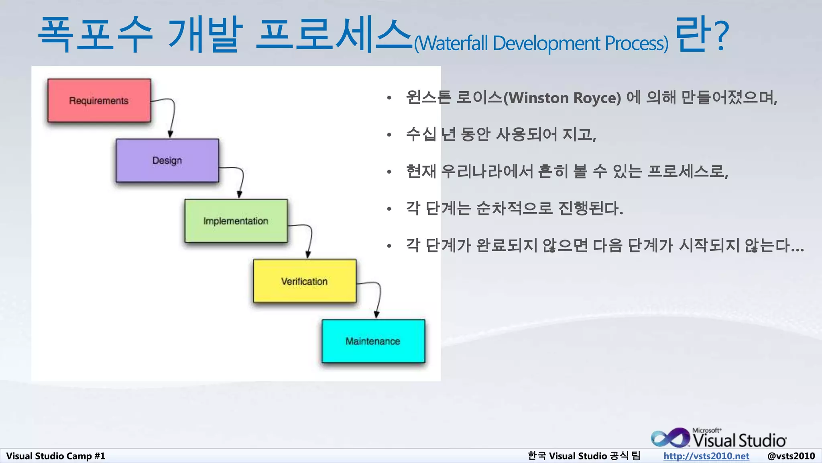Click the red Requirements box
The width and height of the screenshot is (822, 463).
(x=99, y=100)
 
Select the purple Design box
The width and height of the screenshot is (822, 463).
(x=167, y=161)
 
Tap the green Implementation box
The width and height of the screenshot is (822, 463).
(x=236, y=221)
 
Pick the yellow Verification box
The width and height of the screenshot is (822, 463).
(x=305, y=281)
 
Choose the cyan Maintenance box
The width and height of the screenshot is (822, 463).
(x=373, y=341)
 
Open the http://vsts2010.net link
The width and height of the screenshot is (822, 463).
(x=706, y=456)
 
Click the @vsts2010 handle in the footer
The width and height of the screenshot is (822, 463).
(x=791, y=456)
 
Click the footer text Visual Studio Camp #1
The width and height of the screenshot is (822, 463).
(x=55, y=456)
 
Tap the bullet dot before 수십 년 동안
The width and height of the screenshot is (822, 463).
(x=389, y=135)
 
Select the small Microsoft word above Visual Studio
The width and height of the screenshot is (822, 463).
(x=706, y=430)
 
